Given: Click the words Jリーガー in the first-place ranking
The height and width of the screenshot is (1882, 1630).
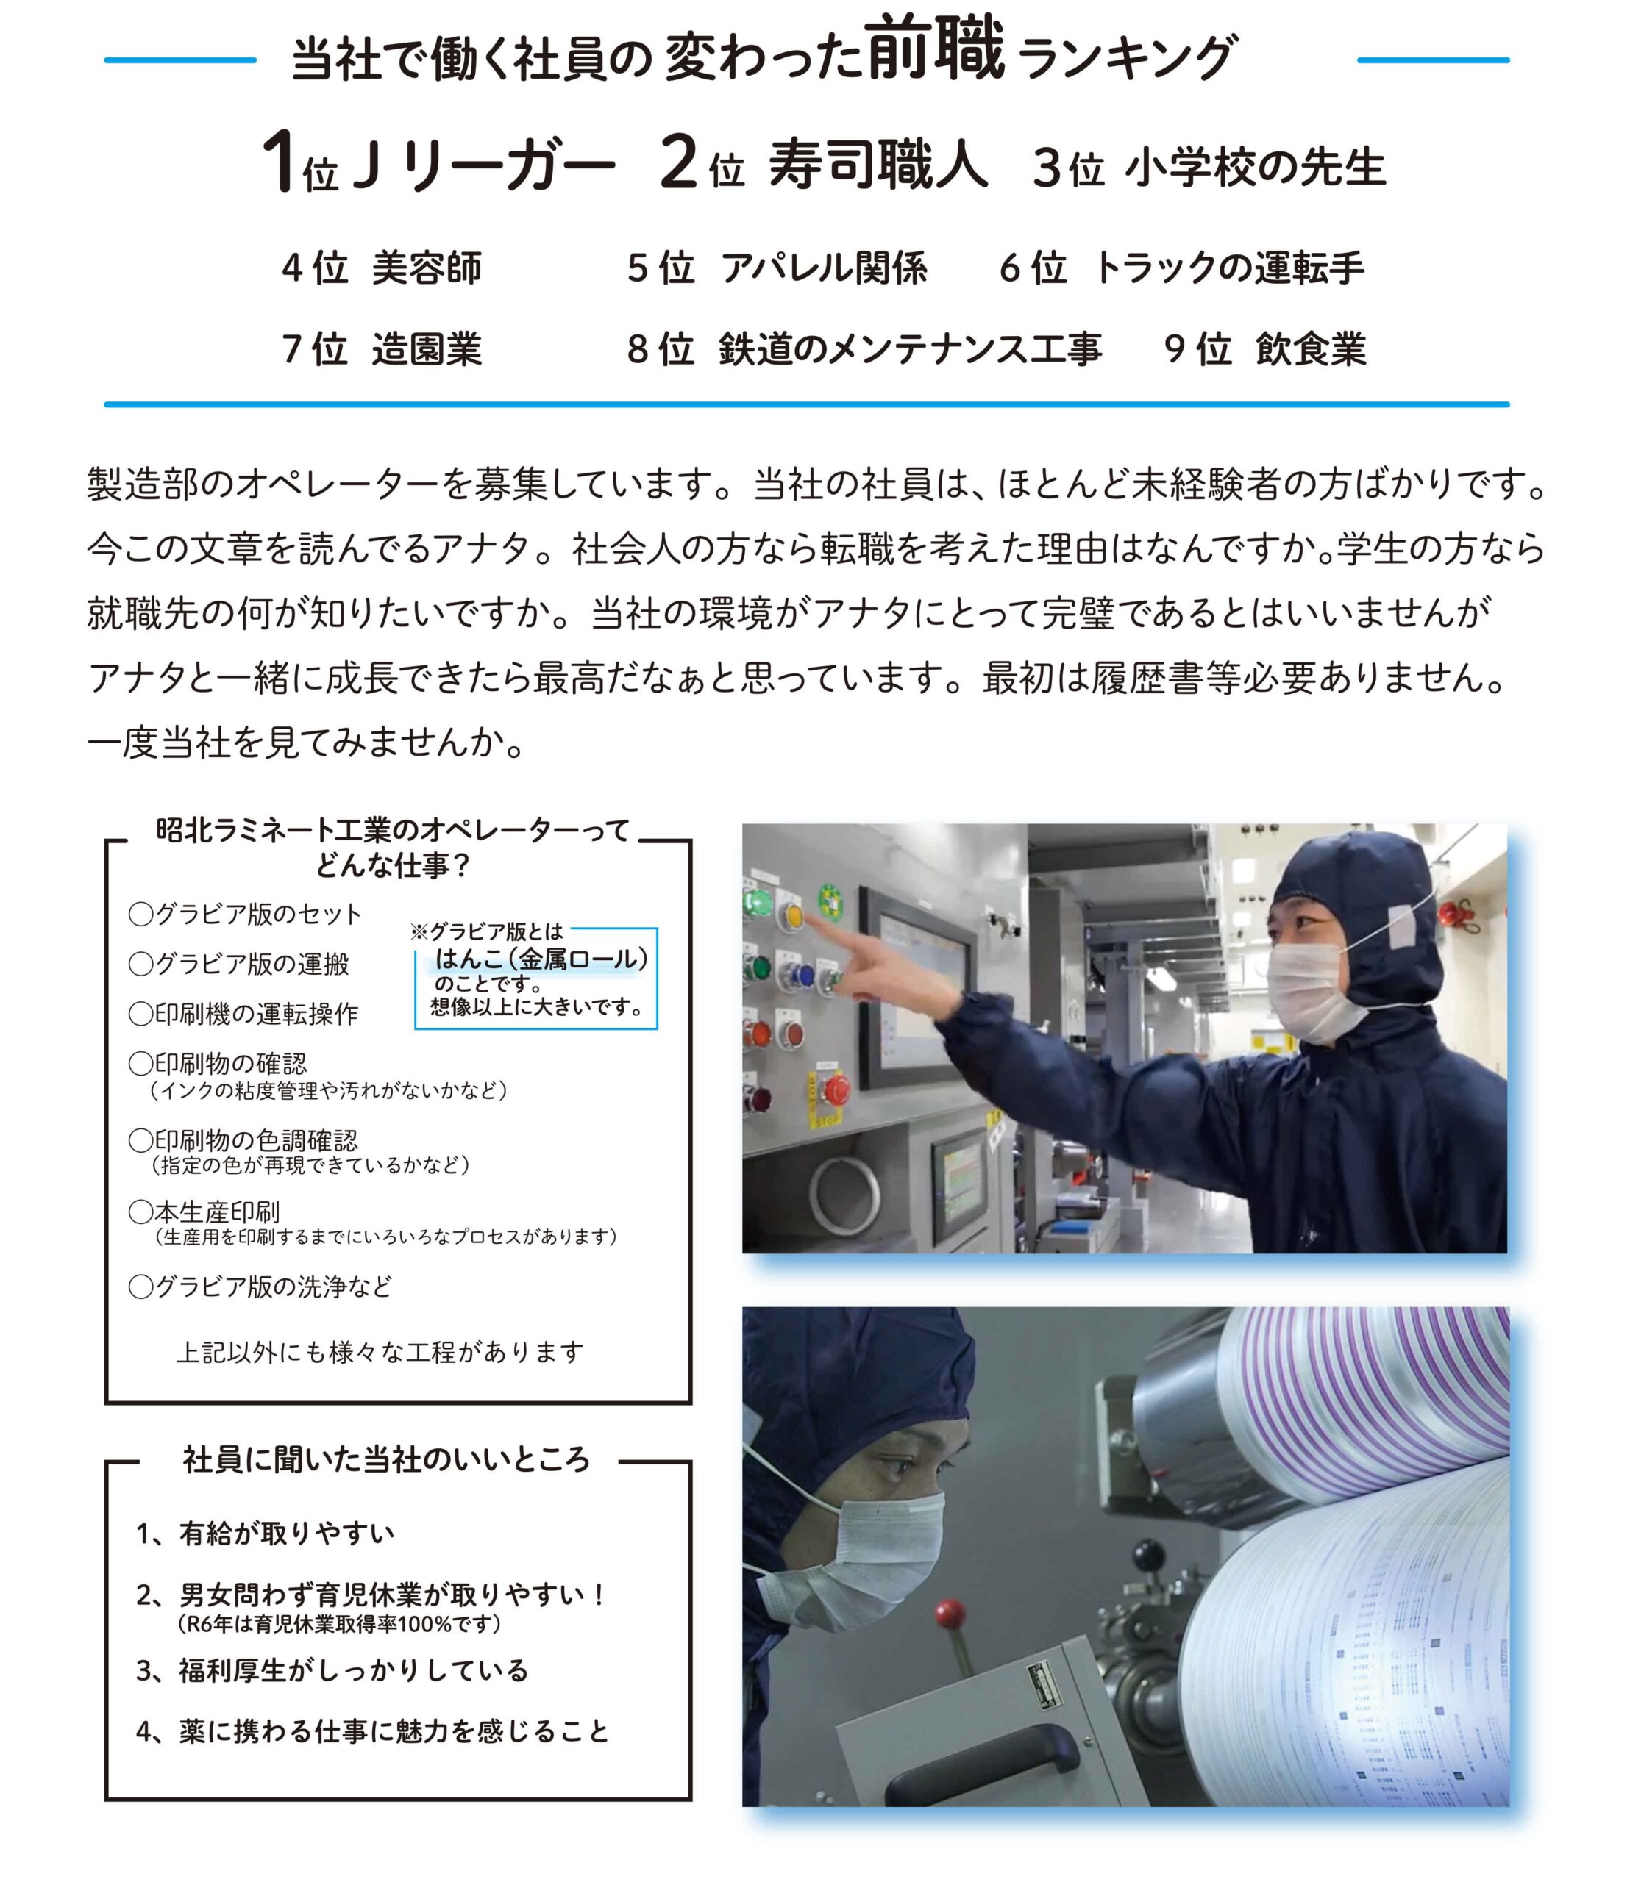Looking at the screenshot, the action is click(483, 164).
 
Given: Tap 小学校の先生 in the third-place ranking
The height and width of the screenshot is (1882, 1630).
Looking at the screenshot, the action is click(1256, 168).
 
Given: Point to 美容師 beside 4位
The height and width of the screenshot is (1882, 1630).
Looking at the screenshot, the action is click(427, 268).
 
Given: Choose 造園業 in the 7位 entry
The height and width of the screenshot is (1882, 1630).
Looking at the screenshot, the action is click(427, 349).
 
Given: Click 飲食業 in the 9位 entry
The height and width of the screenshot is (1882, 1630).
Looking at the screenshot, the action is click(1311, 349).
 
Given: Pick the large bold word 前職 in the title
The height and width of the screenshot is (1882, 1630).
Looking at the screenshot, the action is click(936, 47).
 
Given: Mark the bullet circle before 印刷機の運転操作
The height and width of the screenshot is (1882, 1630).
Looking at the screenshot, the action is click(141, 1014).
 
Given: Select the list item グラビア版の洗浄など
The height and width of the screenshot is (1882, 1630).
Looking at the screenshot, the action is click(261, 1287).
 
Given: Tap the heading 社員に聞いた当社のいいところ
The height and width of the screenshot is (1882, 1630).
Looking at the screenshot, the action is click(387, 1459).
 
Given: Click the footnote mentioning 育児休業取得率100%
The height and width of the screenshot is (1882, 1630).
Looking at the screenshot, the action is click(339, 1623).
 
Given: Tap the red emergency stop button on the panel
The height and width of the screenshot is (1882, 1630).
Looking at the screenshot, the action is click(835, 1087).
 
